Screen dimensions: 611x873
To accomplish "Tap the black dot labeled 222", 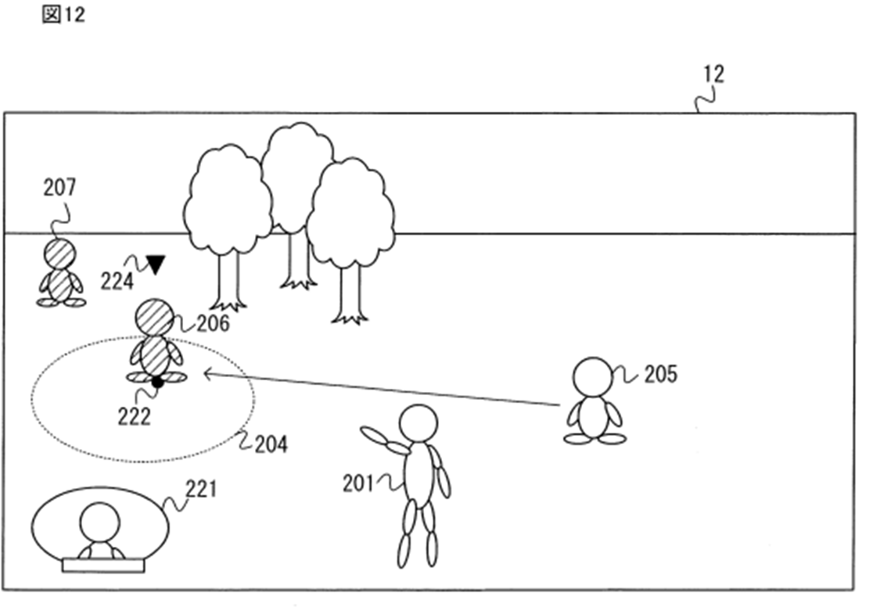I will pos(157,383).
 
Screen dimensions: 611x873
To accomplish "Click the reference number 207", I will pos(59,188).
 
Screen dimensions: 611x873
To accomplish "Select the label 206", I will pos(212,323).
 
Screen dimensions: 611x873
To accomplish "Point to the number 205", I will pos(660,375).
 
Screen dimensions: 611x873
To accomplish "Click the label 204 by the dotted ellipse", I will pos(271,444).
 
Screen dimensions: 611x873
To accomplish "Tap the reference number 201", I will pos(359,484).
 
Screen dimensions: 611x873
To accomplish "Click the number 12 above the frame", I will pos(713,74).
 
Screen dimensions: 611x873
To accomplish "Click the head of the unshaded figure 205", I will pos(593,377).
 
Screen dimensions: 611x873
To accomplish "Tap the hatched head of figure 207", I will pos(59,255).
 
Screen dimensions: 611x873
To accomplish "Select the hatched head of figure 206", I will pos(155,317).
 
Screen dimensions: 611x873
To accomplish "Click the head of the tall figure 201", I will pos(419,423).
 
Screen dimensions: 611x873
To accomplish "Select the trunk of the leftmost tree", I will pos(228,281).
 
